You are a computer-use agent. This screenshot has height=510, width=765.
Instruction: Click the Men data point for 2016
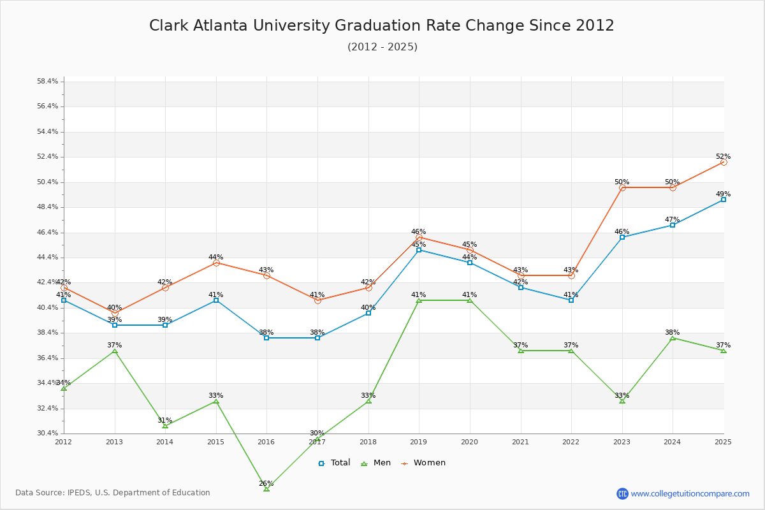266,489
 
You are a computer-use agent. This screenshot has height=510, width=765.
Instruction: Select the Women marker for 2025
724,162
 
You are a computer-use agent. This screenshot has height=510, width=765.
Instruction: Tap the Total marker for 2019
419,250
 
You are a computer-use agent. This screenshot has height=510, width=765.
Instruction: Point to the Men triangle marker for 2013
115,351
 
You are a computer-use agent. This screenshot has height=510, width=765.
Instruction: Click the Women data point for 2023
622,187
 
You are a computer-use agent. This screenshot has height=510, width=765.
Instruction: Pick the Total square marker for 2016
266,338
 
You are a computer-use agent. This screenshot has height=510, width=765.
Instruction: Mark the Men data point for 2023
622,401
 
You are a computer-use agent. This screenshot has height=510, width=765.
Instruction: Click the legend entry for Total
334,463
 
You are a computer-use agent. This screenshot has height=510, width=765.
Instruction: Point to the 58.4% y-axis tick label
48,82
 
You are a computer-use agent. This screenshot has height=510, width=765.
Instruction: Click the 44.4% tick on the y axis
48,258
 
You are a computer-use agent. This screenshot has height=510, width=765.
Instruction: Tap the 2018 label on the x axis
368,442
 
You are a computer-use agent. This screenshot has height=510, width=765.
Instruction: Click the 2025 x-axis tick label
723,442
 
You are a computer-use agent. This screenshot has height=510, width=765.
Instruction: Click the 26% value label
266,483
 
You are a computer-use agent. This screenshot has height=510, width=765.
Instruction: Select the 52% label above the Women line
723,156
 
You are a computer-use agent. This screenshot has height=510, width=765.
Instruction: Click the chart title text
382,25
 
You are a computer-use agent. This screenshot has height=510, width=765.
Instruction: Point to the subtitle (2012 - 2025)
382,47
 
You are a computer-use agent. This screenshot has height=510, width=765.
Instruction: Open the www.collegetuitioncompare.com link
690,493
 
